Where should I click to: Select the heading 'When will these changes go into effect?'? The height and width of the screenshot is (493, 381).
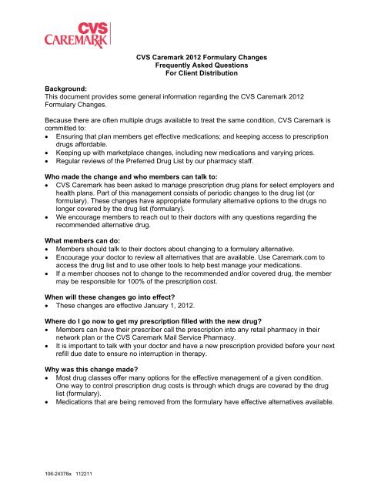126,305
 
